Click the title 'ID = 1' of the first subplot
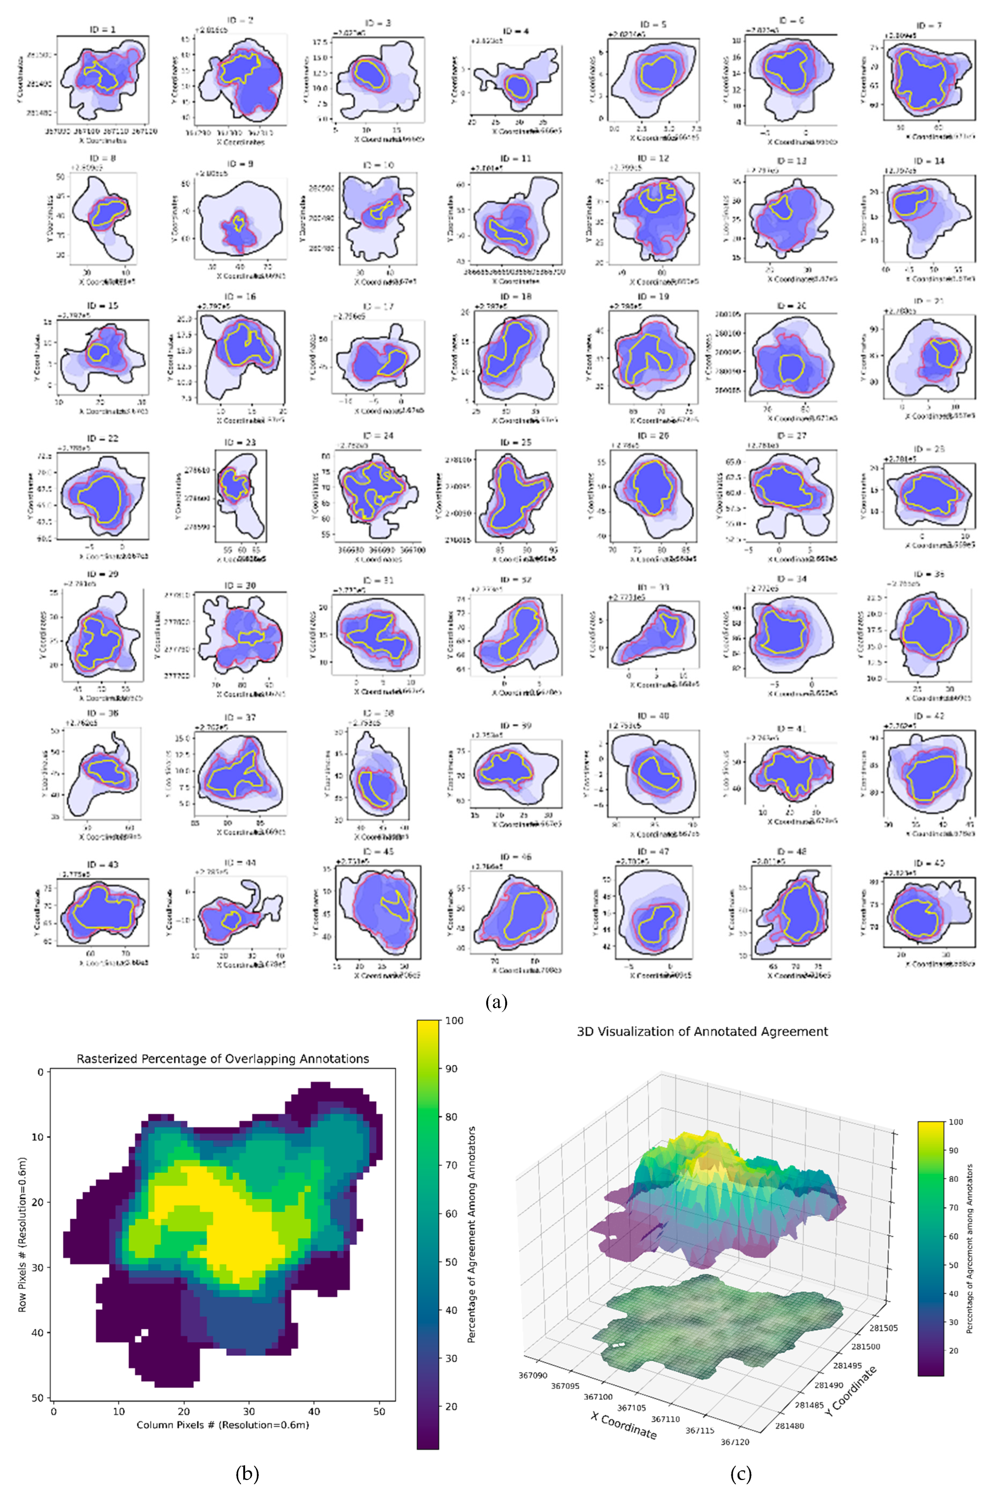(102, 29)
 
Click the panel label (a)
(496, 1003)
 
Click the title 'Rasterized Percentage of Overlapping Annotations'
(223, 1059)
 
